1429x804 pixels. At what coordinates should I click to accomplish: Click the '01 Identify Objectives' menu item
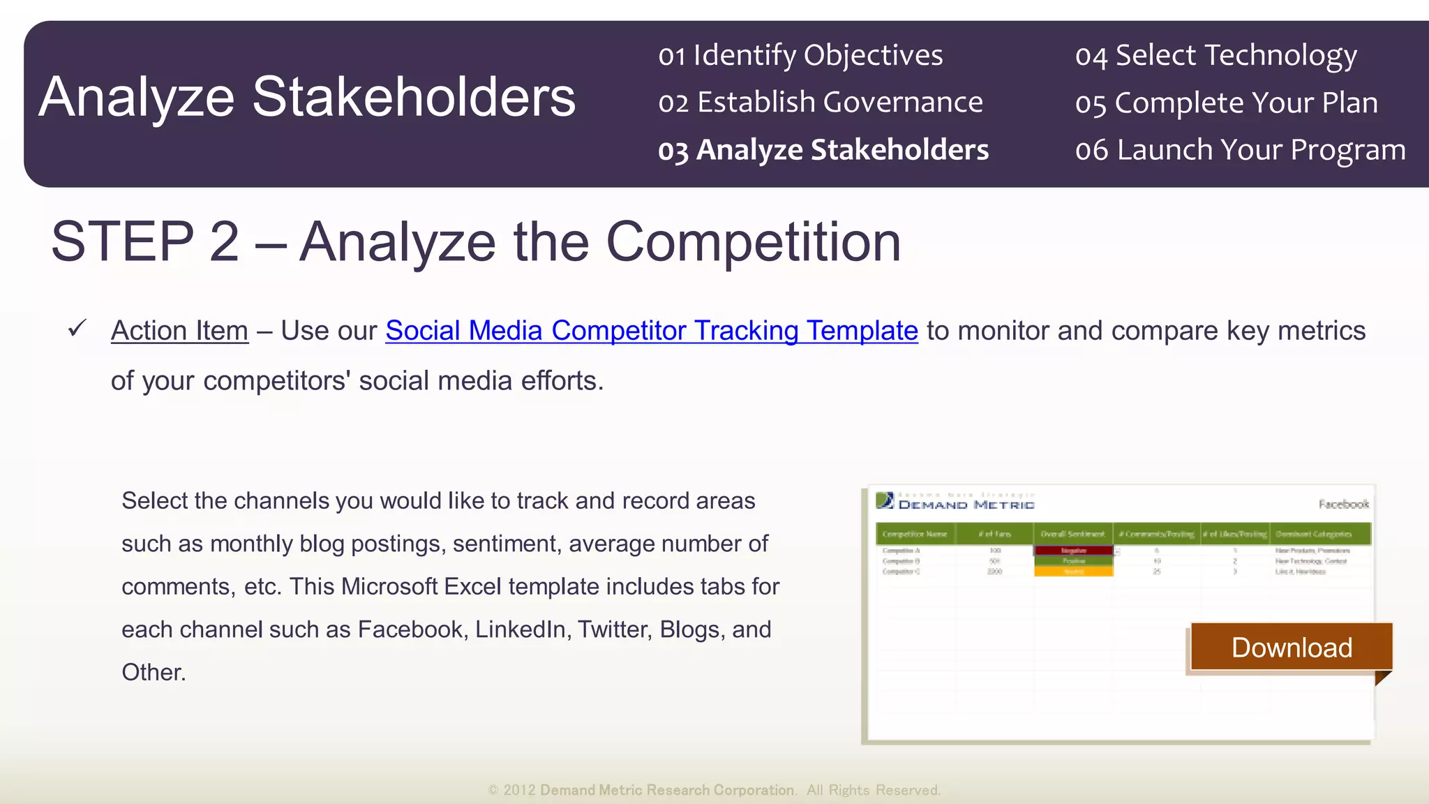[800, 55]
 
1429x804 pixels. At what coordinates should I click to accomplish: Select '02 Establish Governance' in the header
[820, 103]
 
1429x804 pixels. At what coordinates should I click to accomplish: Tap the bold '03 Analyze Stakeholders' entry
[823, 150]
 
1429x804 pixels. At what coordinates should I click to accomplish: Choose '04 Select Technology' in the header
[1215, 55]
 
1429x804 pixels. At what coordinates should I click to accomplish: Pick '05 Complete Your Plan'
[1226, 103]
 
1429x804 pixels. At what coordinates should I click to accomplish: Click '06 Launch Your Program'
[1240, 150]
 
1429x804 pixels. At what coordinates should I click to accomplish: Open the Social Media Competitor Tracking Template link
[651, 331]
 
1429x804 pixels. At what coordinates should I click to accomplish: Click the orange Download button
[1292, 647]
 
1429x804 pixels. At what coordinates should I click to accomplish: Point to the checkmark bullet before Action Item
[77, 328]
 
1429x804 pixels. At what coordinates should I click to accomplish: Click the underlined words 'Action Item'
[179, 331]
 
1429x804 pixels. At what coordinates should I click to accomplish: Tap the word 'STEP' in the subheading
[123, 241]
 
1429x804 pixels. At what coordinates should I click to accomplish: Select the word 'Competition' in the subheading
[753, 241]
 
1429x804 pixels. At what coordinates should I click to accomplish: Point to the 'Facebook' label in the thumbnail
[1343, 504]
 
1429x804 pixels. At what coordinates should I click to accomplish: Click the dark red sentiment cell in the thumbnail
[1073, 551]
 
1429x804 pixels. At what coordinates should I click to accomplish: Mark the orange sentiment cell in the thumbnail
[1073, 572]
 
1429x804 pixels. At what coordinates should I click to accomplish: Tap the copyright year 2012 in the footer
[519, 790]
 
